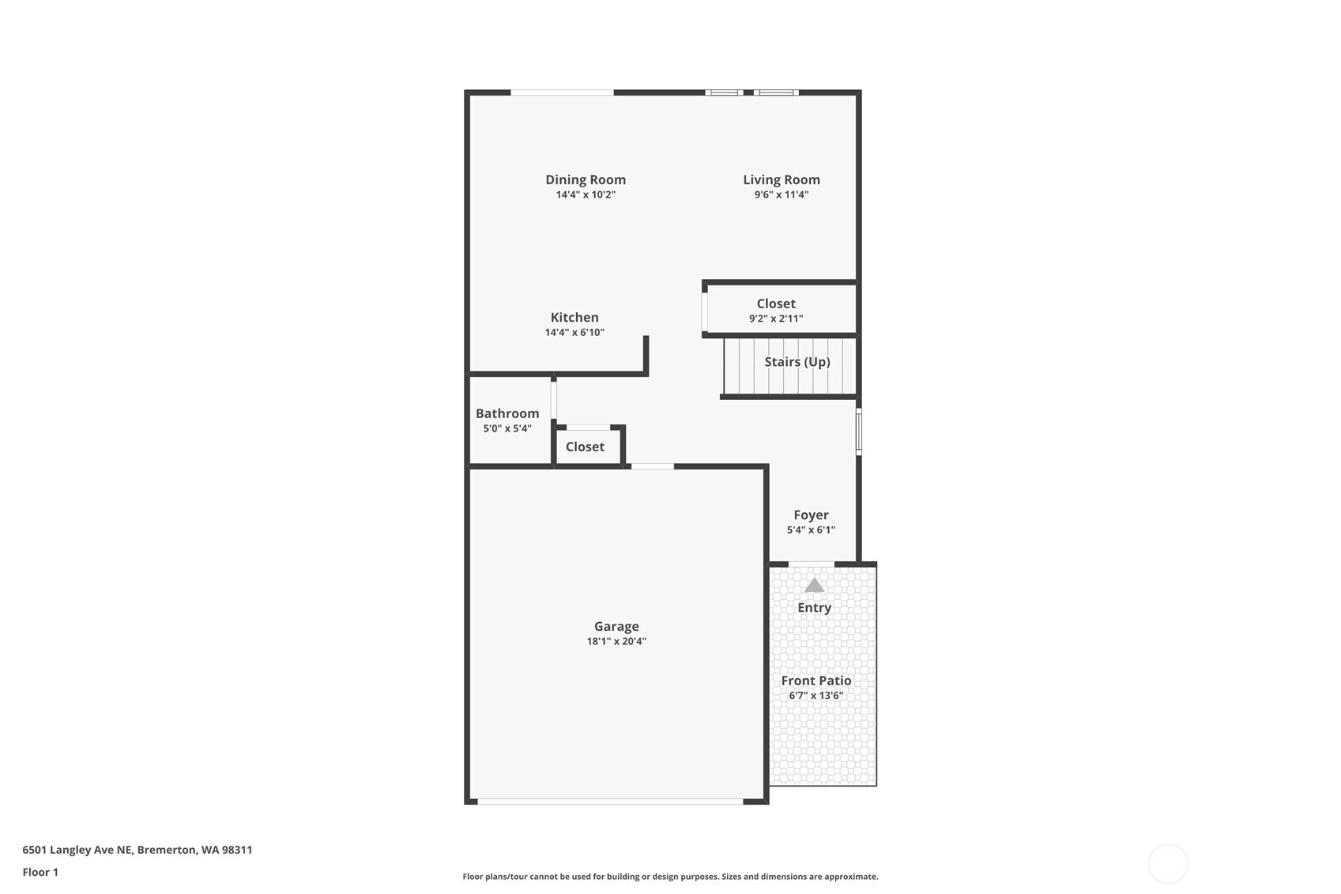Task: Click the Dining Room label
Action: click(x=585, y=179)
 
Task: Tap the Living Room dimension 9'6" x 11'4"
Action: click(x=781, y=194)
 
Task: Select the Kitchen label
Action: click(x=574, y=317)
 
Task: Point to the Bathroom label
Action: click(x=507, y=413)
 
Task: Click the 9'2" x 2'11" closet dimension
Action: click(x=776, y=319)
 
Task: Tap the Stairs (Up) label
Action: click(x=797, y=361)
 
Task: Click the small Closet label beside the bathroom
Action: click(x=585, y=447)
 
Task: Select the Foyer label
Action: click(x=811, y=515)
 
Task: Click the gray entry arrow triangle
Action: click(x=814, y=586)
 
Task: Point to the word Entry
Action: click(x=814, y=607)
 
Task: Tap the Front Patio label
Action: click(x=816, y=681)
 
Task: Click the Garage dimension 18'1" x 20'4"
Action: click(x=616, y=641)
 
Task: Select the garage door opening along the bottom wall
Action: click(x=610, y=802)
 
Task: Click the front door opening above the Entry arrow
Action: click(x=812, y=564)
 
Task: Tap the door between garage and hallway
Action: click(x=653, y=466)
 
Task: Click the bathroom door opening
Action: click(x=554, y=399)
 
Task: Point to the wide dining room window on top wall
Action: click(x=562, y=92)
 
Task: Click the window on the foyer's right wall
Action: click(x=859, y=431)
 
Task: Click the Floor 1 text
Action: click(x=40, y=872)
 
